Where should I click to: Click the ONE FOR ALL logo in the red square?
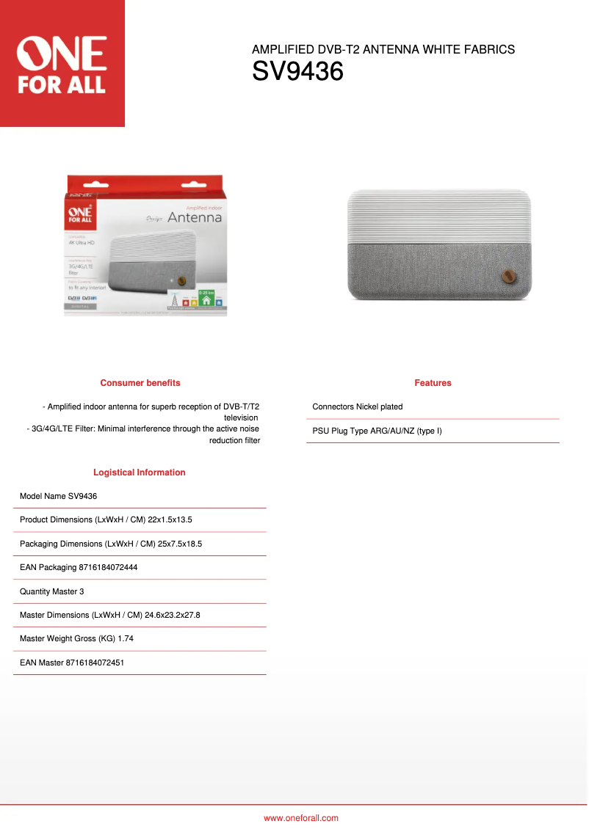tap(62, 65)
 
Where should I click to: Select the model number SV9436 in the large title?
tap(297, 72)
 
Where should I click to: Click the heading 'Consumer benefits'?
tap(140, 383)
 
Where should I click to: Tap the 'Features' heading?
tap(433, 383)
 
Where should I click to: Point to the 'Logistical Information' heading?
tap(140, 472)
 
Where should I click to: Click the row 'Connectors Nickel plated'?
tap(358, 406)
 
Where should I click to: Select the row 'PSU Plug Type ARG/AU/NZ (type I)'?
tap(377, 431)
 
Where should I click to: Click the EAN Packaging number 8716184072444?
tap(108, 567)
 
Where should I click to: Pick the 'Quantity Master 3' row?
tap(52, 591)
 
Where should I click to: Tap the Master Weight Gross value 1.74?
tap(126, 638)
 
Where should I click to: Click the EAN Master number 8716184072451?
tap(95, 663)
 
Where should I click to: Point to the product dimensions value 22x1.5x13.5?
tap(170, 519)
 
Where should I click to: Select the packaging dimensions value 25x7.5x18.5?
tap(180, 544)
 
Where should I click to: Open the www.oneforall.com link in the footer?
tap(301, 818)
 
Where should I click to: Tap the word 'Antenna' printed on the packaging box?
tap(194, 218)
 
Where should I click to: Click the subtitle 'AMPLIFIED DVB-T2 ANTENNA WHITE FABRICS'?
tap(383, 50)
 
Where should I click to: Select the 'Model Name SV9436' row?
tap(59, 496)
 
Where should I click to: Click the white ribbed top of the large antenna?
tap(439, 213)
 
